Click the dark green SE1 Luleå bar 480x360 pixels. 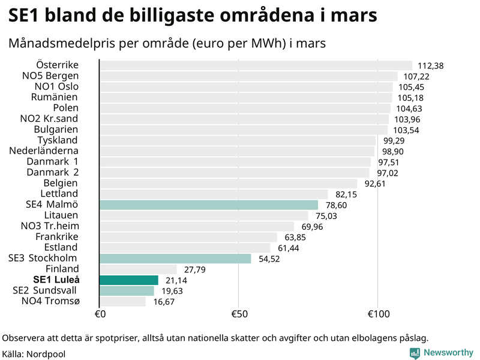click(128, 280)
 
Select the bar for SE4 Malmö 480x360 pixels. click(208, 205)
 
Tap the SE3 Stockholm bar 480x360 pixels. click(175, 259)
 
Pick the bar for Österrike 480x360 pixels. click(255, 65)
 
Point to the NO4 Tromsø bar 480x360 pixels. click(122, 301)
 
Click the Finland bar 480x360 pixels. click(137, 269)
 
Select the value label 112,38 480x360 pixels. click(430, 66)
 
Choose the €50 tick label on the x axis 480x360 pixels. click(239, 314)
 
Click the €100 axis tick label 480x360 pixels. click(378, 314)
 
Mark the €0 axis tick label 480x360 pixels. click(100, 314)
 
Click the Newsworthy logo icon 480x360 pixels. click(415, 353)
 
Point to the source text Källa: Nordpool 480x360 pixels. click(34, 354)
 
